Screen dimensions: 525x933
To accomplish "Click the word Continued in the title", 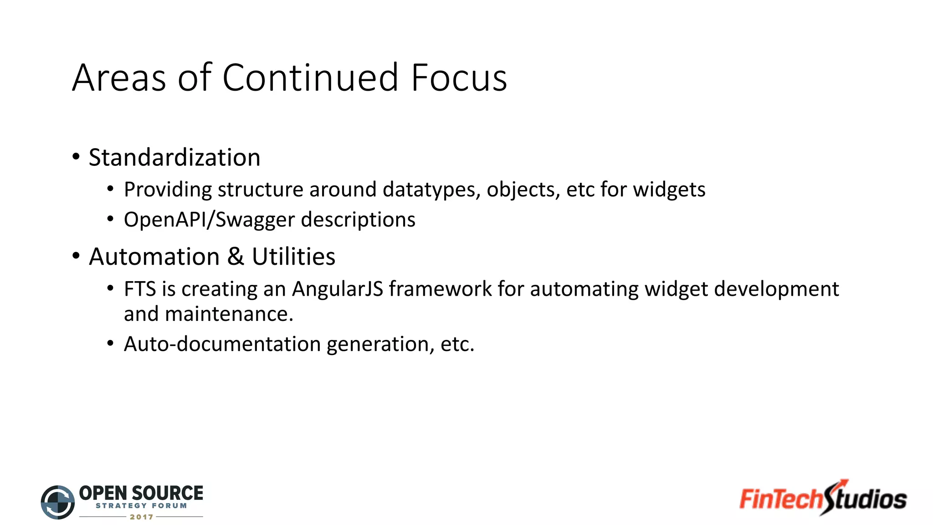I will pos(310,78).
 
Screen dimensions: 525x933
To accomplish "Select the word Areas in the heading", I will pos(119,78).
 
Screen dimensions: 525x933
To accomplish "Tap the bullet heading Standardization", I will pos(174,158).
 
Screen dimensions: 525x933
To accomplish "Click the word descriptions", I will pos(358,220).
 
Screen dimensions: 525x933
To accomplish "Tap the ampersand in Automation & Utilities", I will pos(236,256).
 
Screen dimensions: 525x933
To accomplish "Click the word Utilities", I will pos(293,257).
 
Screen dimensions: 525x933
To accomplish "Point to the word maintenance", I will pos(229,314).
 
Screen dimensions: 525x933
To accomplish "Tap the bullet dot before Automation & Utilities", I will pos(76,256).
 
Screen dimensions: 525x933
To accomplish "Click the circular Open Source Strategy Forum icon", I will pos(58,502).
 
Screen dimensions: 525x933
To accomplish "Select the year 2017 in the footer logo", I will pos(141,517).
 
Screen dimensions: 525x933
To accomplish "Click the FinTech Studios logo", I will pos(823,499).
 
